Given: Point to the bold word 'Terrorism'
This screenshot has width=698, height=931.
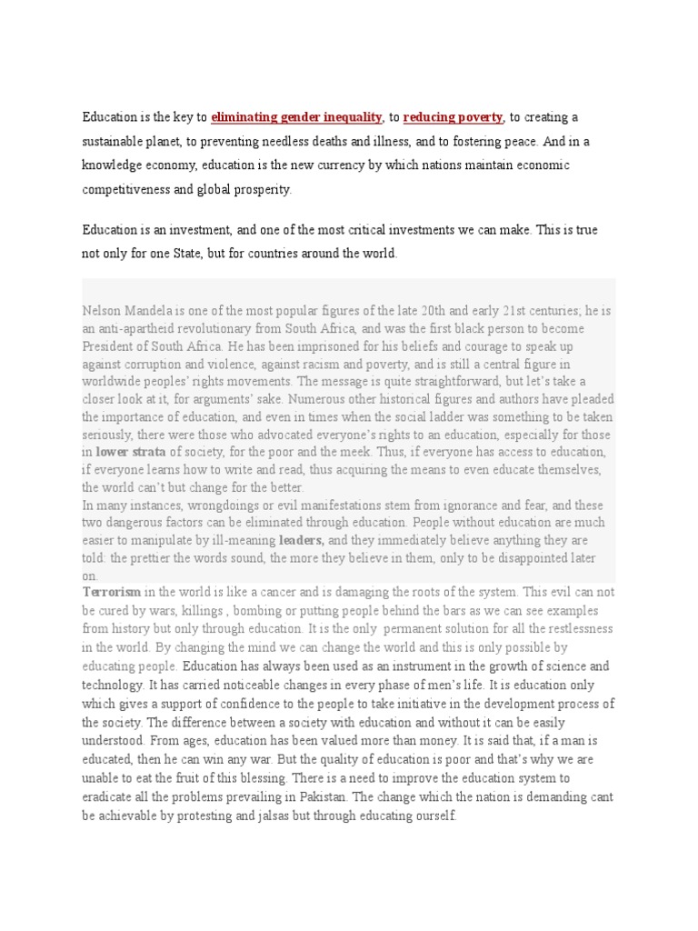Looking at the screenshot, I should pyautogui.click(x=111, y=592).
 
